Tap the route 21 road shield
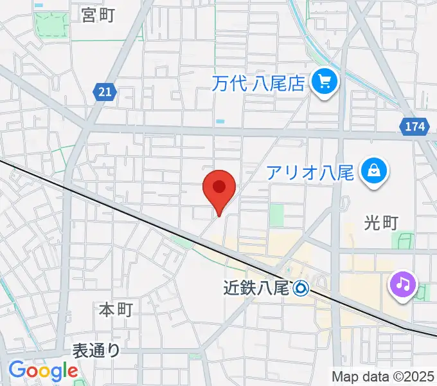pos(105,92)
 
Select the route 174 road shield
pos(415,127)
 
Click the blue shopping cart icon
pos(325,82)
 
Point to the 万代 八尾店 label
pos(260,82)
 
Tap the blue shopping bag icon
pos(373,171)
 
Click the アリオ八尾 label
pos(310,172)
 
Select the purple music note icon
pos(403,283)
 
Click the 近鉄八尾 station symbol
pos(301,288)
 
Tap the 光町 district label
pos(382,223)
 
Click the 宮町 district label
pos(98,15)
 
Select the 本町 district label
pos(116,309)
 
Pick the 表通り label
pos(96,351)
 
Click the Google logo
pos(42,371)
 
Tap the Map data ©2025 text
pos(384,376)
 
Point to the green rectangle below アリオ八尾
pos(276,215)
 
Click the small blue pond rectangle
pos(220,121)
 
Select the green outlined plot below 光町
pos(406,241)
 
